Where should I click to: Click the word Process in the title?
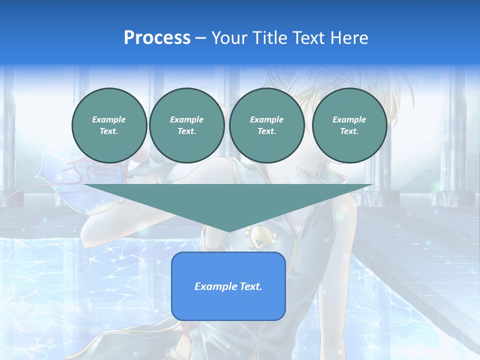click(157, 38)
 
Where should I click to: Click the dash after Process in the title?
click(201, 38)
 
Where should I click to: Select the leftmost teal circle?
click(109, 125)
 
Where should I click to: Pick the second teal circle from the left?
click(187, 125)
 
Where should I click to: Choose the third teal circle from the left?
click(266, 125)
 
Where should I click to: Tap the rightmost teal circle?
click(349, 125)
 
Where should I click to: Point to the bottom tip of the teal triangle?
click(228, 230)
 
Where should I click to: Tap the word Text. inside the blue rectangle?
click(250, 286)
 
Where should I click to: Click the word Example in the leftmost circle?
click(109, 120)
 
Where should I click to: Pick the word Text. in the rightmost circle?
click(349, 131)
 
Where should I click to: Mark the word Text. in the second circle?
click(187, 131)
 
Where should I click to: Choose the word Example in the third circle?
click(266, 120)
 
